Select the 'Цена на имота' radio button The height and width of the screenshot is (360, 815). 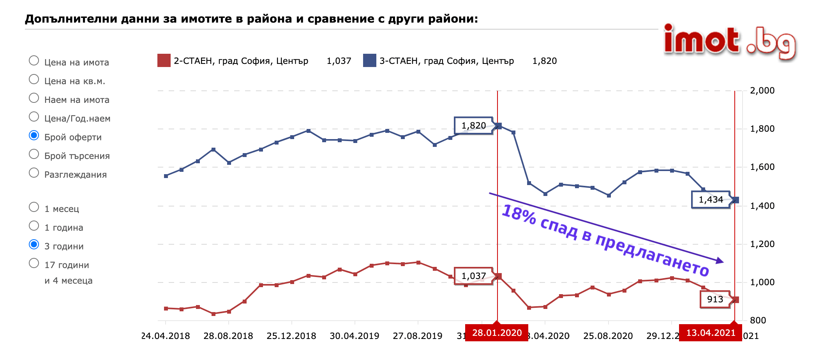coord(34,61)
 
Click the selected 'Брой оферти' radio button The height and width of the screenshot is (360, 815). coord(34,136)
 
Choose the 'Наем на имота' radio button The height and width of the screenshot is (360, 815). coord(34,98)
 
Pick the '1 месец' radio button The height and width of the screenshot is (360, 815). coord(34,207)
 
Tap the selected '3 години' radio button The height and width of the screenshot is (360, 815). coord(34,245)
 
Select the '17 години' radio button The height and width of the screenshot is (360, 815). coord(34,263)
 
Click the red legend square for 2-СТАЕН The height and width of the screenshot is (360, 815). coord(164,61)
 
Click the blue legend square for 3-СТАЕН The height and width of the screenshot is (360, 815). coord(369,61)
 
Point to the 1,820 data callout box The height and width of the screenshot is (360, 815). coord(473,125)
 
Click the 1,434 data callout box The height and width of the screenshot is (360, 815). coord(711,200)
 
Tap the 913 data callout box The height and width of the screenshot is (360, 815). coord(715,299)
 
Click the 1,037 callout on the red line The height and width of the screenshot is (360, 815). coord(473,276)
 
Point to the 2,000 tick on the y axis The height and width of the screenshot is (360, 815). coord(762,91)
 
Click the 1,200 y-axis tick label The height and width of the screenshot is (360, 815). coord(762,244)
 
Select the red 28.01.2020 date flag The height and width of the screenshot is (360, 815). coord(497,333)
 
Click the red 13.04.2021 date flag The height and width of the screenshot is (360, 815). coord(711,333)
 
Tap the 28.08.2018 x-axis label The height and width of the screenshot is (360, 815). coord(228,336)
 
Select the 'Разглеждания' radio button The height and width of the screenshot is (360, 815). coord(34,173)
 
